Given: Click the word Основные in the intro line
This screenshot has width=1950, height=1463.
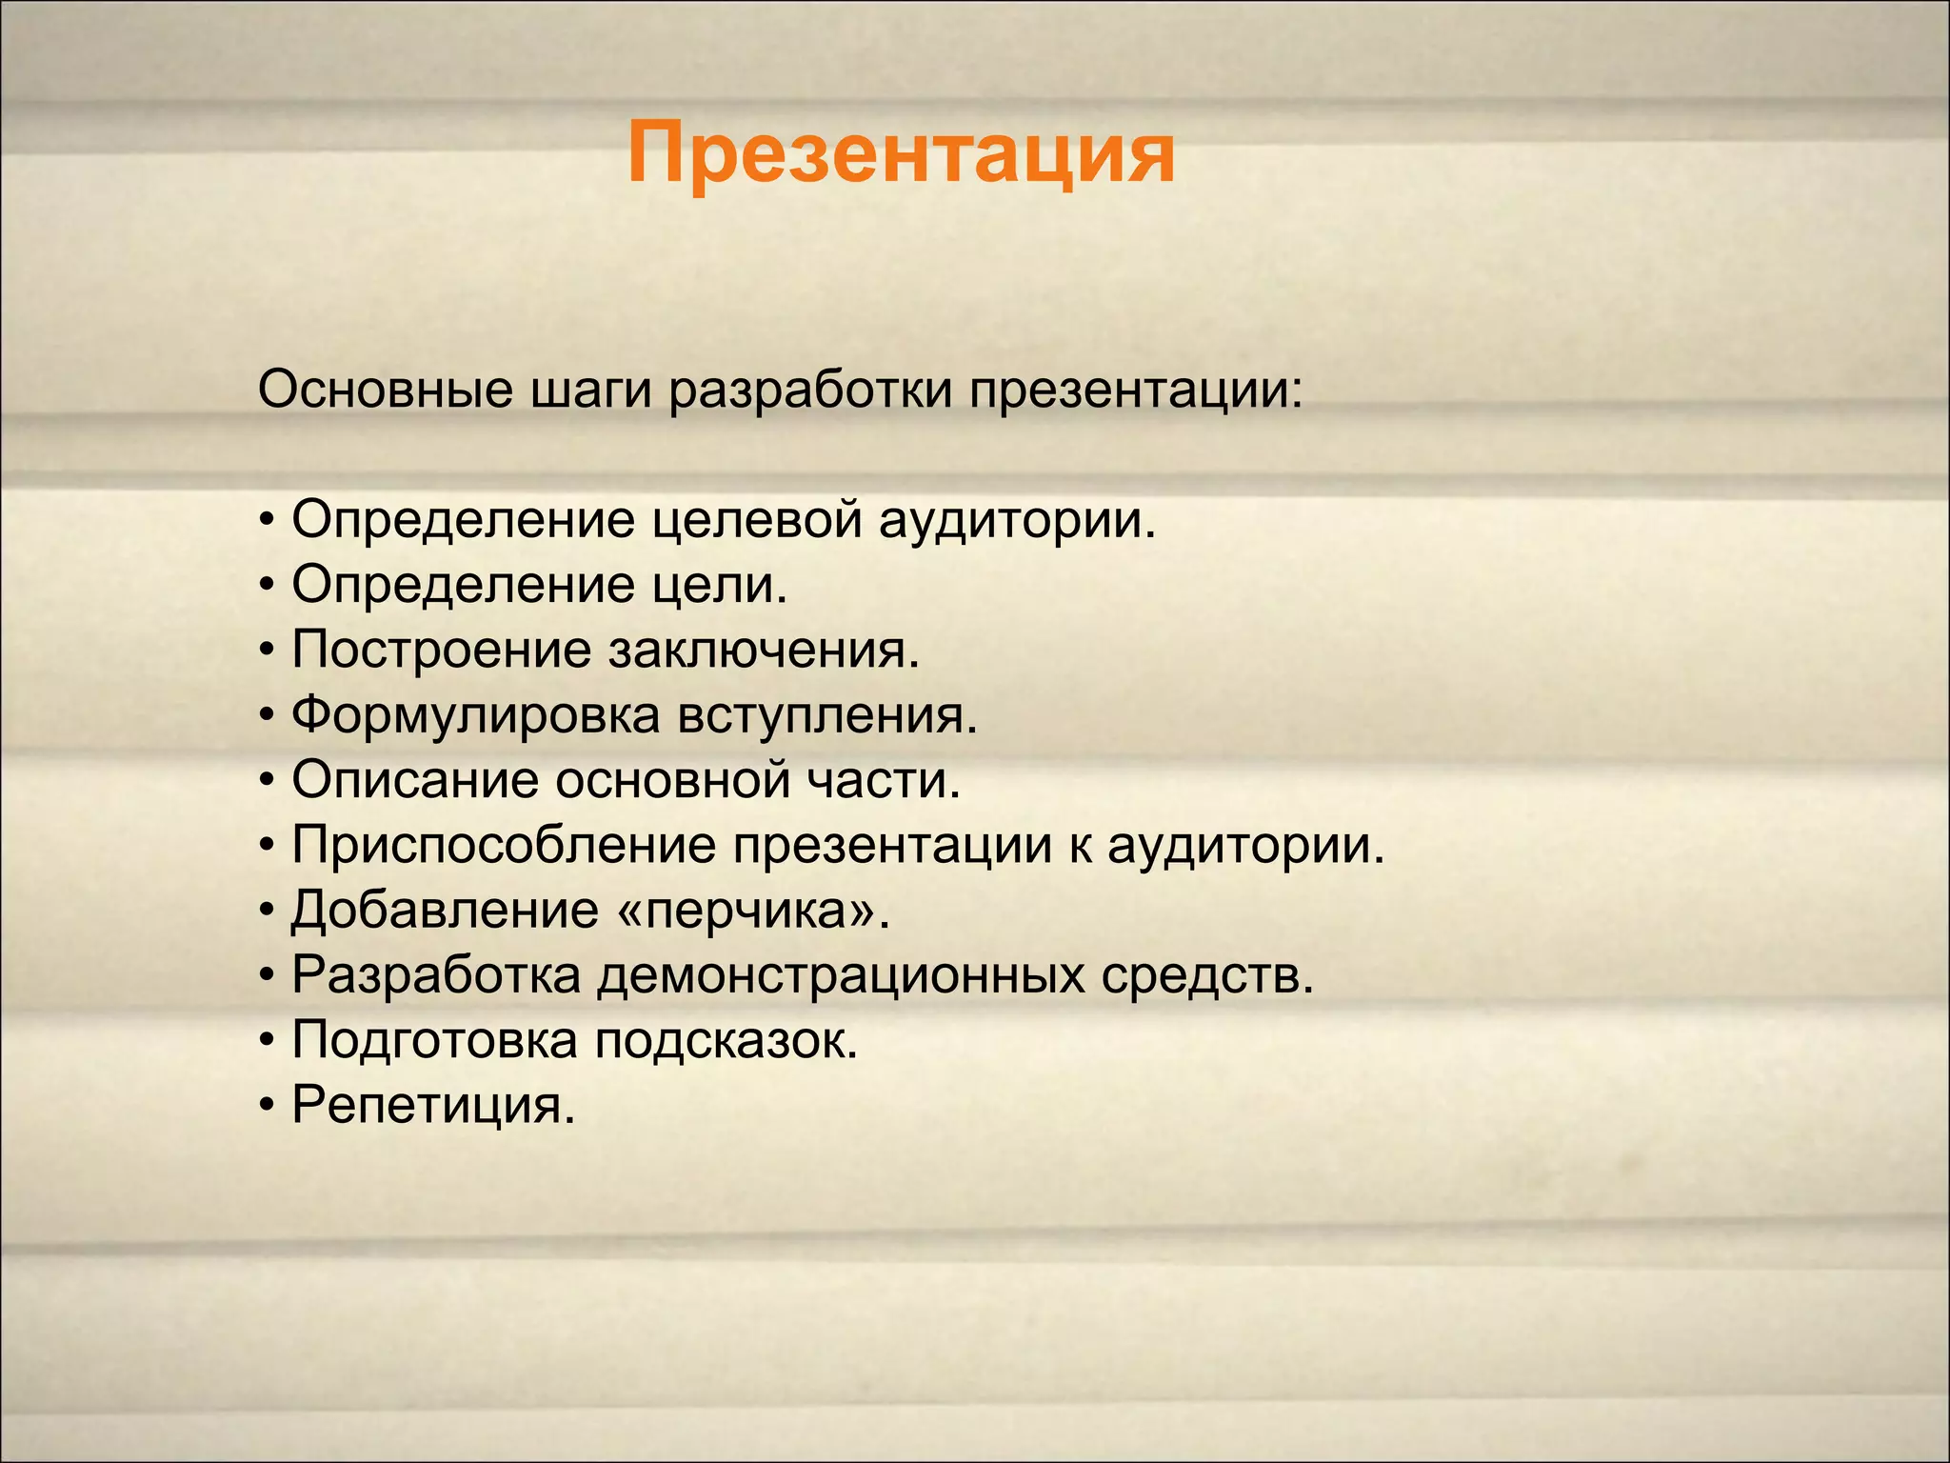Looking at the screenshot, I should pos(385,391).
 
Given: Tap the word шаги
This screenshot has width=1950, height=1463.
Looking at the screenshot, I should pos(590,392).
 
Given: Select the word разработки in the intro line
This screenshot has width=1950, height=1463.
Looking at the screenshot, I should pos(809,392).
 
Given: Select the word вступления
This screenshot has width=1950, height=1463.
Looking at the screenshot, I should pos(826,716).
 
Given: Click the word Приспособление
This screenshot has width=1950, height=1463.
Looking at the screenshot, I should pos(503,846).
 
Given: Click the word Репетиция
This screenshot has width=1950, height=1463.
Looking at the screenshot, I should pos(433,1106).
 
